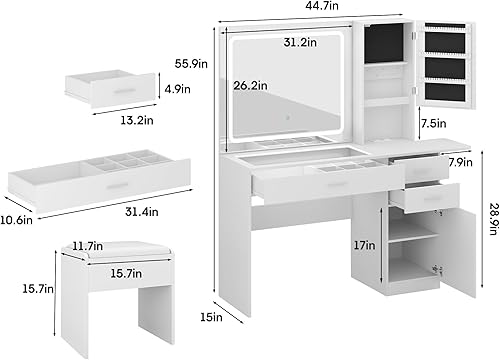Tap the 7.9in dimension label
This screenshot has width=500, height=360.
(x=460, y=161)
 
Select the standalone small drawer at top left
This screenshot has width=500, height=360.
(x=111, y=89)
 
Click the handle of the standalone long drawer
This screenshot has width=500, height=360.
(x=118, y=186)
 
